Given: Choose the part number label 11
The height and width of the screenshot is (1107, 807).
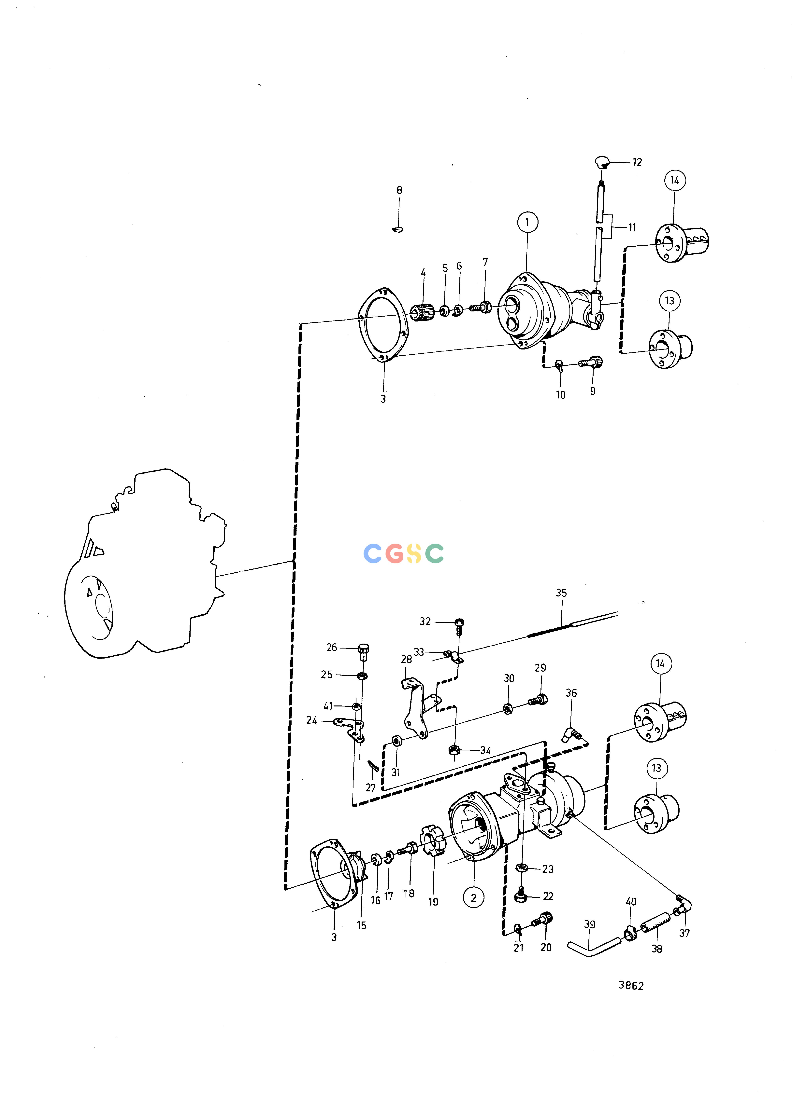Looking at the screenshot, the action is coord(632,227).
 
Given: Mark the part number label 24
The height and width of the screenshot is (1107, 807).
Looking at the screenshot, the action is coord(312,720).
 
